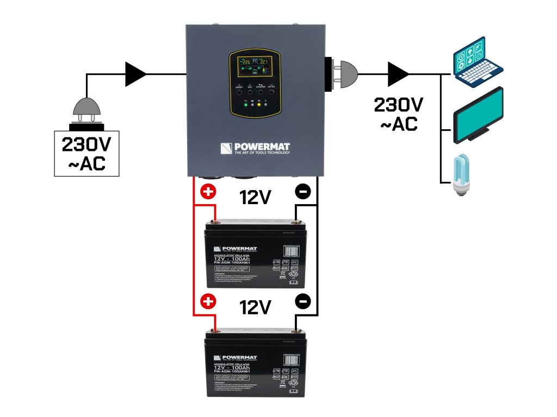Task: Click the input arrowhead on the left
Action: pos(135,74)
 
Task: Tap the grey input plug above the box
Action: pos(87,111)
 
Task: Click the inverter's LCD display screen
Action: pos(256,67)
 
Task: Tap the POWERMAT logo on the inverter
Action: pos(256,148)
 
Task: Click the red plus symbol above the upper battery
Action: pos(208,191)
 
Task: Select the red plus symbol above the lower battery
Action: pos(208,301)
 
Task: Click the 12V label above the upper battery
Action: pos(255,198)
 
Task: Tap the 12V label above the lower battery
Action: pos(255,308)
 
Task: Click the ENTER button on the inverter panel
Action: pos(271,92)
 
